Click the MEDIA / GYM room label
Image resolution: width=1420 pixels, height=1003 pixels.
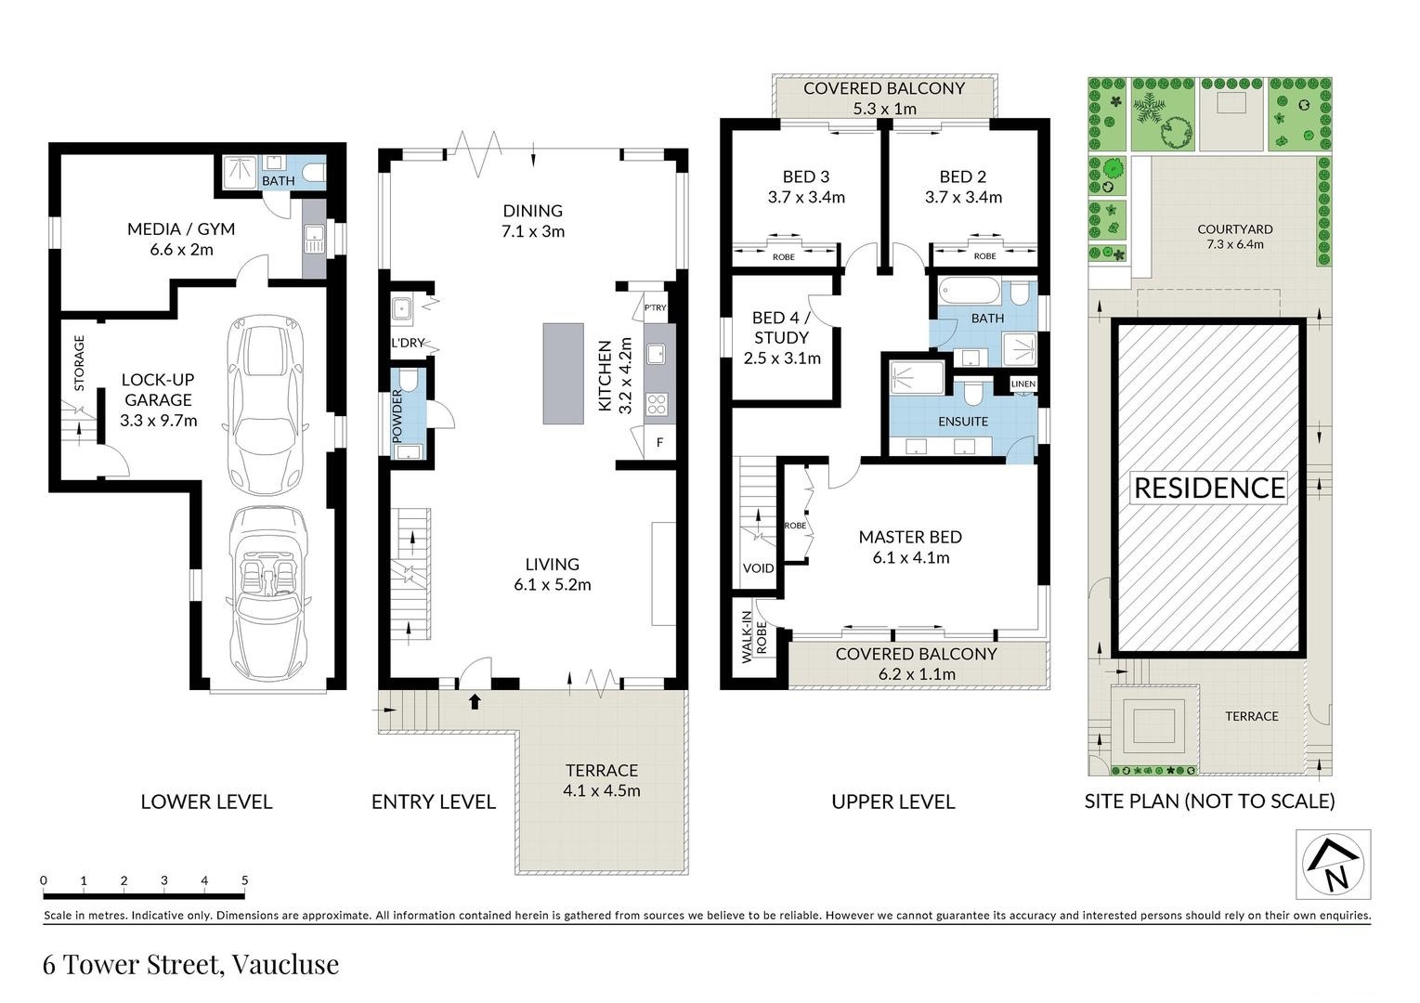181,228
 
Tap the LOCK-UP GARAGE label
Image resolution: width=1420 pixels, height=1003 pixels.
157,390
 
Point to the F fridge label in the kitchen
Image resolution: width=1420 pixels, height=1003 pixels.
660,443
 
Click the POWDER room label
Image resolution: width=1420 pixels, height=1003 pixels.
397,415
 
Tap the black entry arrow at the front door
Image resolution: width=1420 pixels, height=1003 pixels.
476,701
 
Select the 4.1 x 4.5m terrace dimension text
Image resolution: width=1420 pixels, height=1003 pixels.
602,791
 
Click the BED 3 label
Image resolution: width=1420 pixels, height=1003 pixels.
805,176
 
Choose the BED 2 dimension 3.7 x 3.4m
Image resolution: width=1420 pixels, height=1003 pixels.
963,197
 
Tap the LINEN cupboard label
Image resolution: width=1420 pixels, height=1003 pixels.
1023,384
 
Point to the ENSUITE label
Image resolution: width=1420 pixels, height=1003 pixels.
963,421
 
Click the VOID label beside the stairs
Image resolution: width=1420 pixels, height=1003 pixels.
758,568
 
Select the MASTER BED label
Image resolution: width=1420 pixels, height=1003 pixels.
910,537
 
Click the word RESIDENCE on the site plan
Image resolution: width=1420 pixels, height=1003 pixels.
1209,488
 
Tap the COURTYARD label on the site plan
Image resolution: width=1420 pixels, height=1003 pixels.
1234,228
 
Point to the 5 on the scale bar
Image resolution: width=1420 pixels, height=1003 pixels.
244,880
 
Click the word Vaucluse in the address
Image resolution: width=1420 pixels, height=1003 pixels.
285,965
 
